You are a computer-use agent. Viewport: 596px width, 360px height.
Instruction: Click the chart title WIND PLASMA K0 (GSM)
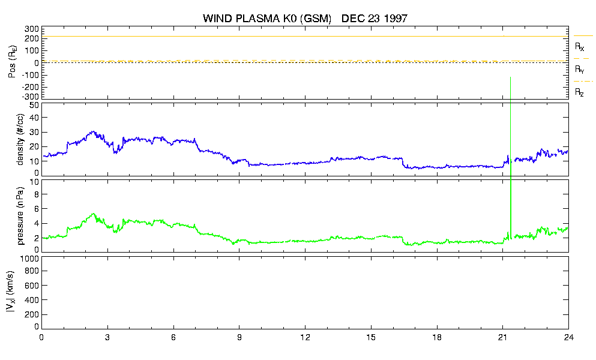point(267,19)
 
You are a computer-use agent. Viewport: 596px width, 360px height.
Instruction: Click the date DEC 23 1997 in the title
point(375,19)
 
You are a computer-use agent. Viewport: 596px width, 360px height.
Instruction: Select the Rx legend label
point(579,47)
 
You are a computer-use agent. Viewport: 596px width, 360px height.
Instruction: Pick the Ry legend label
point(579,70)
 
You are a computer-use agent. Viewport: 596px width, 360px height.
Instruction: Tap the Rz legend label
point(579,92)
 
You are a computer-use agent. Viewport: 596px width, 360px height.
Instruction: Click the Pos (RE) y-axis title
point(13,62)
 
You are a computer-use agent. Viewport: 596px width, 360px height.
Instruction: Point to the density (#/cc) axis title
point(20,139)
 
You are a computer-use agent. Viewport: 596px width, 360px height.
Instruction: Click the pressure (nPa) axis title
point(20,215)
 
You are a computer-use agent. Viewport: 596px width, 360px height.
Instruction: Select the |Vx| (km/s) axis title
point(10,292)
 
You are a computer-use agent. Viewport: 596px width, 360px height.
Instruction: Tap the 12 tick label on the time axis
point(305,338)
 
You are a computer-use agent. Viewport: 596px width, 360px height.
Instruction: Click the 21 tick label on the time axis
point(502,338)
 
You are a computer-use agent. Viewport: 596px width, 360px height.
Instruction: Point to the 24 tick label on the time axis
point(568,338)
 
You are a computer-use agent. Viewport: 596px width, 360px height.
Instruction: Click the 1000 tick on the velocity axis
point(29,259)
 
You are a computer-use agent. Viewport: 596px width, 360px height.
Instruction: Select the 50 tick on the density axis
point(34,106)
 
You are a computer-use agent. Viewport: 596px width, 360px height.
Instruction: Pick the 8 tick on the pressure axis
point(37,194)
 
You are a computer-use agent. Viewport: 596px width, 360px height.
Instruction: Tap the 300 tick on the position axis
point(32,29)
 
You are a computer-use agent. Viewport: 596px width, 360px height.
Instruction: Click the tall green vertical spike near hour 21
point(511,157)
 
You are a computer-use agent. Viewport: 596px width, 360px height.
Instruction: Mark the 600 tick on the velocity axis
point(32,286)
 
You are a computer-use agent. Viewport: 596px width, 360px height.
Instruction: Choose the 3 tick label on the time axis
point(107,338)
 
